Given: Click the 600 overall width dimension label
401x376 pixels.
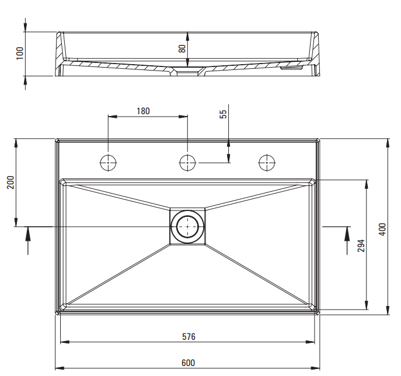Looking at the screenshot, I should tap(187, 363).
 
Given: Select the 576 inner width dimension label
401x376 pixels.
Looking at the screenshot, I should tap(187, 336).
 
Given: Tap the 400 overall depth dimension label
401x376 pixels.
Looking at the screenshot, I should tap(382, 228).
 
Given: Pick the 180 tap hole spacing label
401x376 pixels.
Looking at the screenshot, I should tap(143, 111).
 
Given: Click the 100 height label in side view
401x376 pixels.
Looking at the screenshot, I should tap(20, 53).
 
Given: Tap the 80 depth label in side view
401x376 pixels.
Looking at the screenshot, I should tap(182, 49).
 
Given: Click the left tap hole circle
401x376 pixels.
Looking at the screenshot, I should tap(109, 163).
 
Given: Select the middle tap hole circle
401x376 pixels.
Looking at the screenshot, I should tap(187, 163).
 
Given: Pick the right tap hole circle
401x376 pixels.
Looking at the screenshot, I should tap(267, 163).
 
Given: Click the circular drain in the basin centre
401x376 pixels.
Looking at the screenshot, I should tap(187, 226).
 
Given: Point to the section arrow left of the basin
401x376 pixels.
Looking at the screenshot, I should tap(28, 239).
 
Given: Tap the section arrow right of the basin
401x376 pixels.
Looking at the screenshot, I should tap(346, 239).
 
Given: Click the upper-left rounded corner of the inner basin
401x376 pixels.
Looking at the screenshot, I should tap(64, 183).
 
